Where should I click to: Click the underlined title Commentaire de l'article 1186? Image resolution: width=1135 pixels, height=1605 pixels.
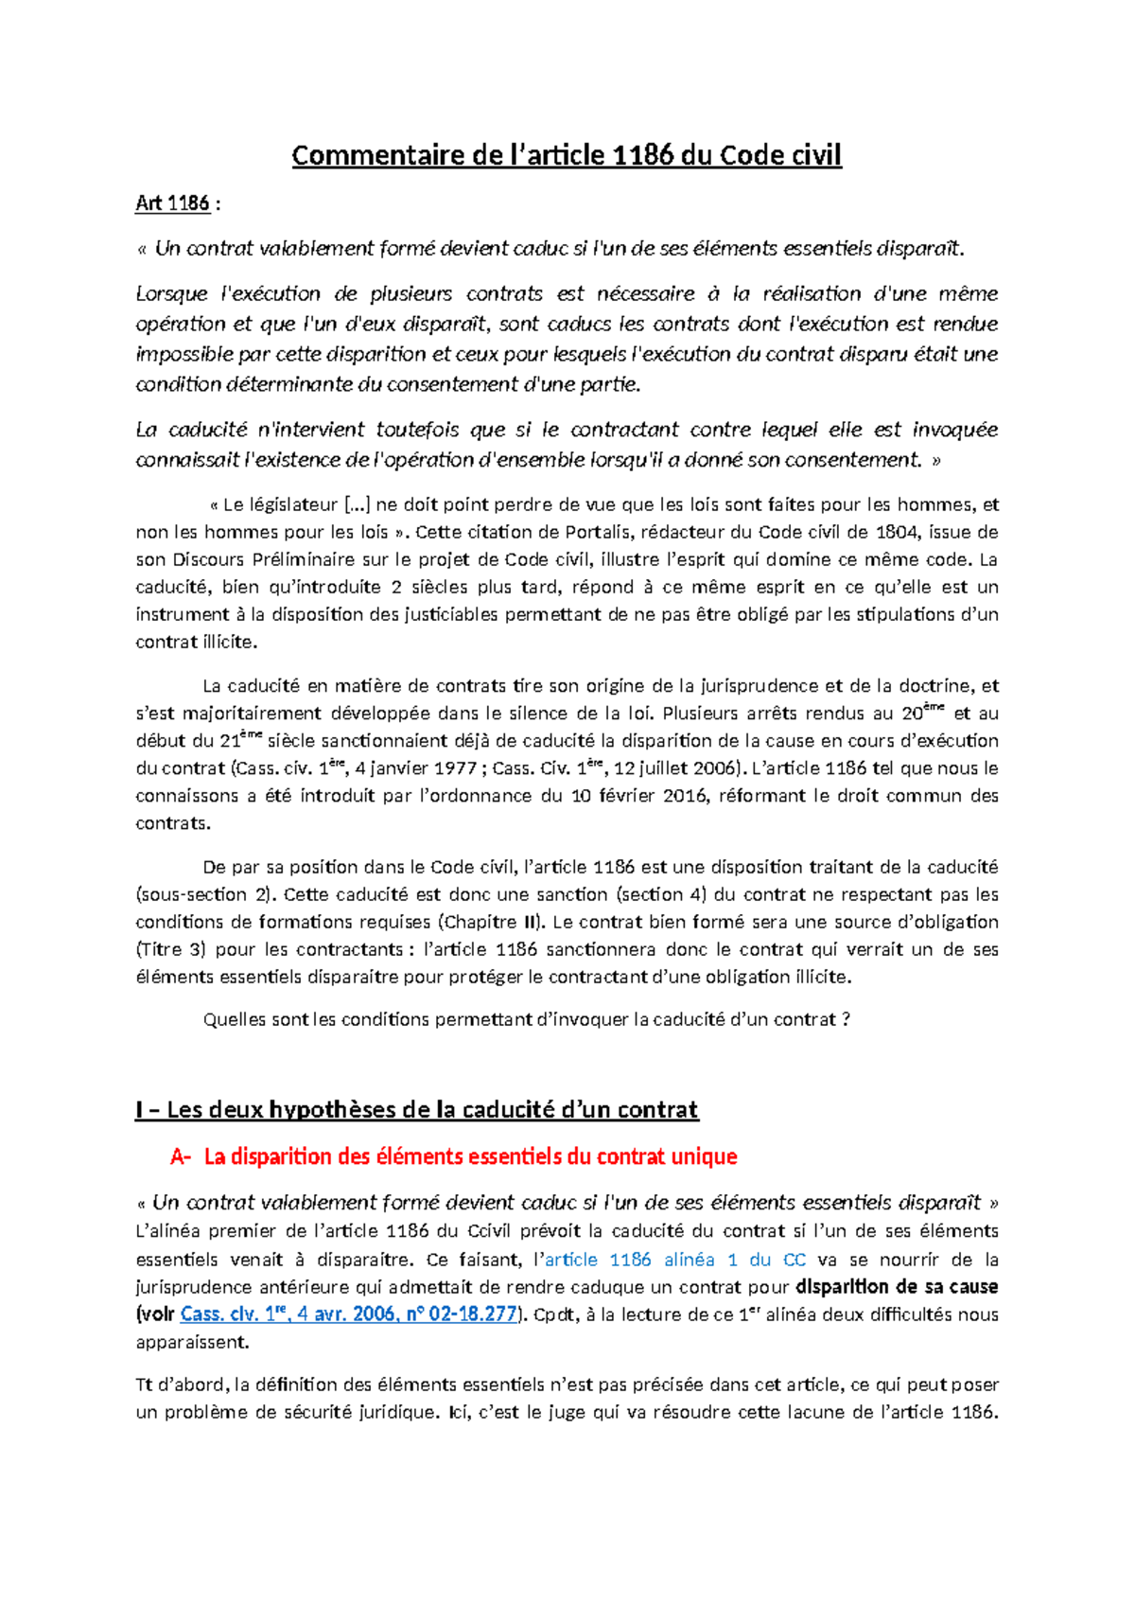pos(566,155)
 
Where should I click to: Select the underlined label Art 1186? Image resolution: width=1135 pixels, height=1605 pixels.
pos(172,203)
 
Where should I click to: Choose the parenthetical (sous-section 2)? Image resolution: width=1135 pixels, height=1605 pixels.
pos(205,894)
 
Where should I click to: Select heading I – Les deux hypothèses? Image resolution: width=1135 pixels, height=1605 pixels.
pos(416,1110)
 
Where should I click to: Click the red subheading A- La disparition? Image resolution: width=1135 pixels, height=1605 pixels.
pos(454,1156)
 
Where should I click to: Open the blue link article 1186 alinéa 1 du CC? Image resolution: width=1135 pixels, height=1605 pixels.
pos(675,1260)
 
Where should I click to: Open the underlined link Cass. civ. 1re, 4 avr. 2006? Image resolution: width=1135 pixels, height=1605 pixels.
pos(348,1314)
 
